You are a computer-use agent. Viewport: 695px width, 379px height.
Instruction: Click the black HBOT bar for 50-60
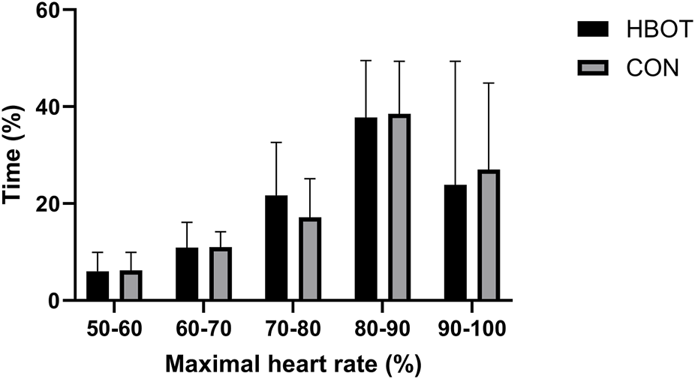coord(98,286)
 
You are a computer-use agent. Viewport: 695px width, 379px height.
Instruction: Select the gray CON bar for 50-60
coord(131,286)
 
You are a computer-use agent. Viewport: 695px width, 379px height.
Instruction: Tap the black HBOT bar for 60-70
coord(187,274)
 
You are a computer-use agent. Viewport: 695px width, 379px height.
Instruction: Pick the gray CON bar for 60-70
coord(220,274)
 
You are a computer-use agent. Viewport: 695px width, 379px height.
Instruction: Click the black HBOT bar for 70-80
coord(276,248)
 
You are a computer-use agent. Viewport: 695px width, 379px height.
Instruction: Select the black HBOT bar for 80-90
coord(366,209)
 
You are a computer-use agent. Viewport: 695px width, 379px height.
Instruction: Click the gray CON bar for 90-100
coord(488,236)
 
